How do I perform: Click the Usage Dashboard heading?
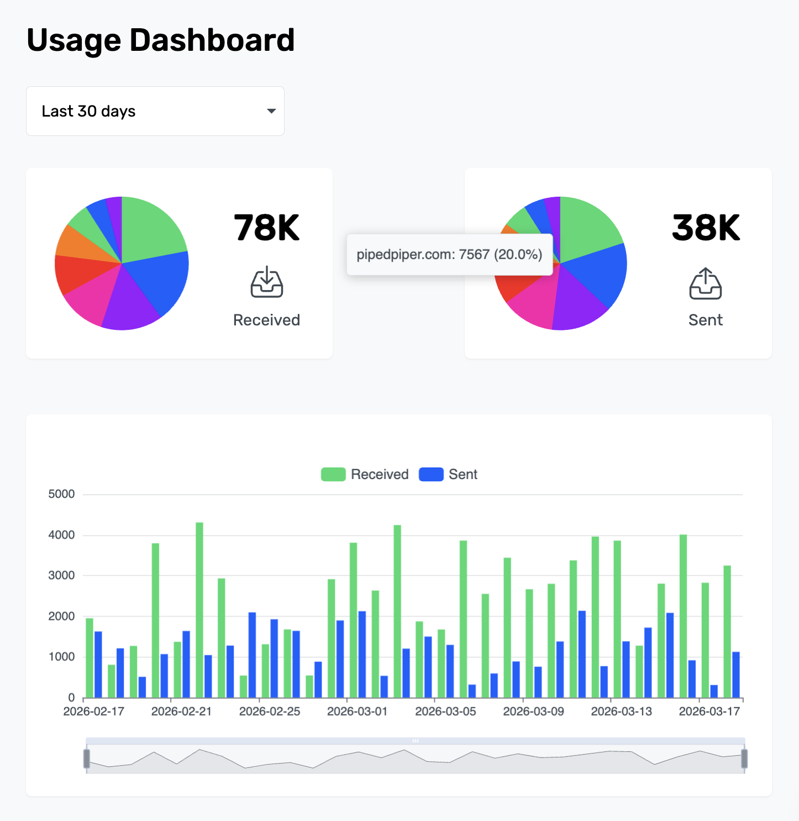point(160,40)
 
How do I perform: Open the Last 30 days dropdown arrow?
point(271,111)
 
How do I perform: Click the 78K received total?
point(266,228)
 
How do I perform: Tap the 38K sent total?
point(706,228)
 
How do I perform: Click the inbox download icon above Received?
point(267,282)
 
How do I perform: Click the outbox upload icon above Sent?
point(706,284)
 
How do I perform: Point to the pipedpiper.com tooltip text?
point(449,255)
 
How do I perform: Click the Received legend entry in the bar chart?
point(365,475)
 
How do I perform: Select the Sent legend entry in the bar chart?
point(448,475)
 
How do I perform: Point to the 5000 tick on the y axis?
point(61,494)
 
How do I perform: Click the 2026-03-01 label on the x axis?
point(357,712)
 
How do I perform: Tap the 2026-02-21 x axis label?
point(181,712)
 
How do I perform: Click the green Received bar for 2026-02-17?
point(90,657)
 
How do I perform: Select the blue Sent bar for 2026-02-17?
point(98,664)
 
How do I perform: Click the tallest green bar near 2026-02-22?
point(199,608)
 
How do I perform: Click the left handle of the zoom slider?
point(87,759)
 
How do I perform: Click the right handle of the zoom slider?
point(744,759)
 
